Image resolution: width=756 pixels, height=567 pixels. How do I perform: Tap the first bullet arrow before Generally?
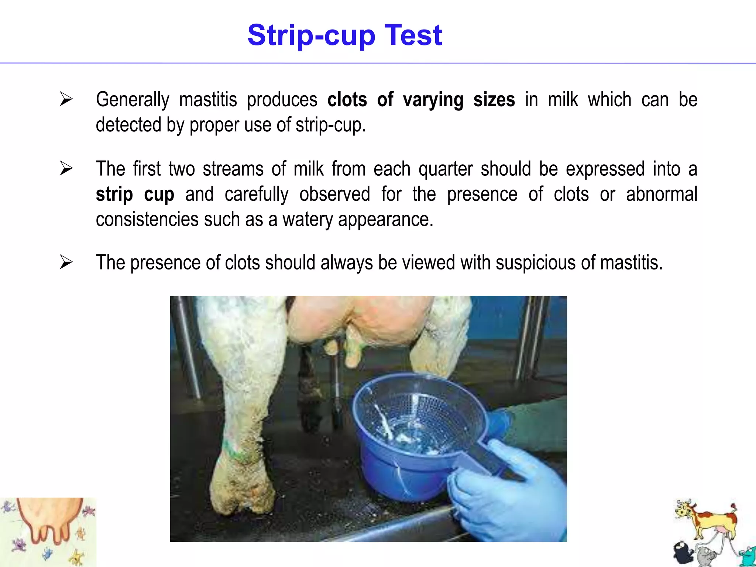[x=66, y=99]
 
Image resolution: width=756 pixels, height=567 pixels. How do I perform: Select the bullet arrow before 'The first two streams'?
[x=66, y=168]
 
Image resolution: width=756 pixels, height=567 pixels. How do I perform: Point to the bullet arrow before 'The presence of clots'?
[x=66, y=262]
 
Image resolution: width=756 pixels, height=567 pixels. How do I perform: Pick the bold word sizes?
[x=494, y=100]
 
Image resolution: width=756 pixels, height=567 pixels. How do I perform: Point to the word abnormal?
[x=661, y=194]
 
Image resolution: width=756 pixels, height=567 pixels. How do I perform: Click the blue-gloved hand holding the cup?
[x=509, y=495]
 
